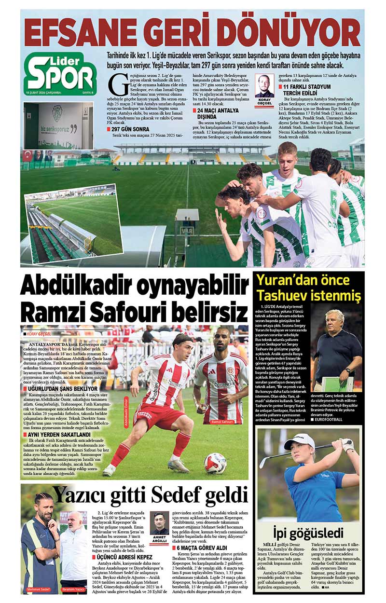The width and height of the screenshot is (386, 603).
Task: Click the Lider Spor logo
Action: click(x=60, y=73)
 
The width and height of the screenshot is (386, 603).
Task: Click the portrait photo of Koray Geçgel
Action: click(x=264, y=86)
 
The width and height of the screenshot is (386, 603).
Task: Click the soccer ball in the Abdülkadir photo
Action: click(x=215, y=463)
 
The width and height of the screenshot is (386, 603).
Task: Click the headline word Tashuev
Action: click(x=282, y=295)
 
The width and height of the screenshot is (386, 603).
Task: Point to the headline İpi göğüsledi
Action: click(x=308, y=533)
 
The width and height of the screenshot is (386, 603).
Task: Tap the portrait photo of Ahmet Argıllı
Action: click(x=159, y=523)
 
